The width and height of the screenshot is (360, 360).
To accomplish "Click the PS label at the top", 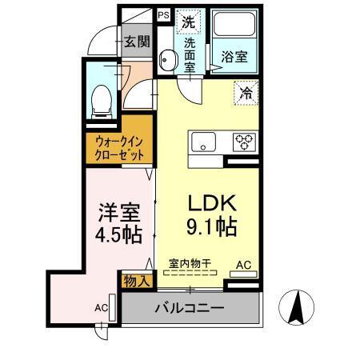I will click(163, 14).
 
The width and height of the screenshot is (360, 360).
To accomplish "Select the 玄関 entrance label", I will click(136, 42).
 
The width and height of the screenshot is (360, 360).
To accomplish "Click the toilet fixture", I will click(102, 100).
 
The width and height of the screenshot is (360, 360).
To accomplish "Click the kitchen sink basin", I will click(202, 143).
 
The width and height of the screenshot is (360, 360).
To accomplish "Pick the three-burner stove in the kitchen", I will click(243, 143).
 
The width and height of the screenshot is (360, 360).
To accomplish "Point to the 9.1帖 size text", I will click(211, 227).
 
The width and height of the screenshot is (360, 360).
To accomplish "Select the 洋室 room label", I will click(119, 214).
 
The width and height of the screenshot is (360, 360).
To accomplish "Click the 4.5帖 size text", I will click(119, 237).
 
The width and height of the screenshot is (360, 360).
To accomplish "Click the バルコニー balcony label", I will click(190, 308).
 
